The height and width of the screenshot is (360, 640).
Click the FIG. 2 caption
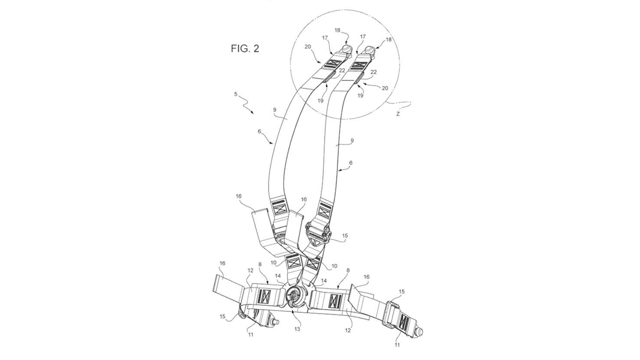click(x=245, y=49)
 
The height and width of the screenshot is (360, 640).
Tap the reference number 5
click(x=236, y=94)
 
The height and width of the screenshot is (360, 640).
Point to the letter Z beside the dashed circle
click(x=398, y=114)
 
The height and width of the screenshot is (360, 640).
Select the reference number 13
click(x=297, y=329)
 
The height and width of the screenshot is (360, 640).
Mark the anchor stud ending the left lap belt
click(x=275, y=322)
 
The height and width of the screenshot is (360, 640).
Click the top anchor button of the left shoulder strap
click(x=346, y=48)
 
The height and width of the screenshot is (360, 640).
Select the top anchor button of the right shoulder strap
click(x=370, y=50)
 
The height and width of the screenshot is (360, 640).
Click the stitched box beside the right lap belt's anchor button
click(x=405, y=321)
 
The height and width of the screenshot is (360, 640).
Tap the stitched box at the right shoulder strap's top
click(x=357, y=65)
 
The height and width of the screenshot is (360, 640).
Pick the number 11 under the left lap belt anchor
click(x=251, y=335)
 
